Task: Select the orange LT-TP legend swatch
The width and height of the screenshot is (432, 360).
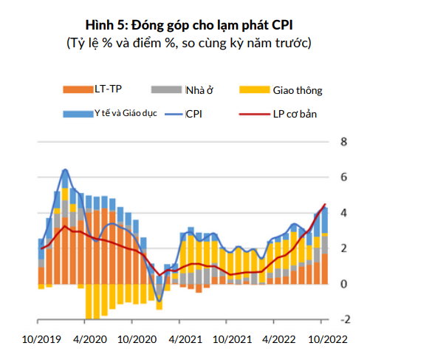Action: tap(77, 89)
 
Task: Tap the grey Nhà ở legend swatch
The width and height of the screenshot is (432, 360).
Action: tap(167, 89)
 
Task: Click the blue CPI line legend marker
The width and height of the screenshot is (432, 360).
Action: tap(171, 114)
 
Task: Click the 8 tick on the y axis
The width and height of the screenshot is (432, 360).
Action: tap(343, 142)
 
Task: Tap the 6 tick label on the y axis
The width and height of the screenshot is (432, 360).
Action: tap(343, 177)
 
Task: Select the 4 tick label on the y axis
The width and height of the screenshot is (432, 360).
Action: tap(343, 213)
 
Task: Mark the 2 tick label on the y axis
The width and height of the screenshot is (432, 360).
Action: tap(343, 248)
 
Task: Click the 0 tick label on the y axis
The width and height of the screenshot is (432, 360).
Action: tap(343, 284)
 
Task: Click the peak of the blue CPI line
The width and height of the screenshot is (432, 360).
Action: tap(65, 169)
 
